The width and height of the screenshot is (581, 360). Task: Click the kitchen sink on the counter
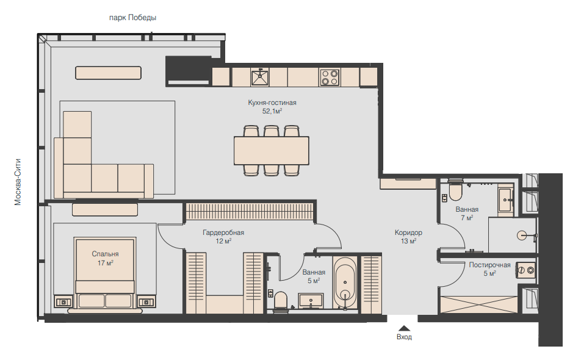(x=260, y=77)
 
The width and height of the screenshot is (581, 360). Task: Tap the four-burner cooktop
(x=330, y=77)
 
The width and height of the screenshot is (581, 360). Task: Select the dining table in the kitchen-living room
(x=271, y=150)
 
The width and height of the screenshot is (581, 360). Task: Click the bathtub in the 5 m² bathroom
(x=345, y=283)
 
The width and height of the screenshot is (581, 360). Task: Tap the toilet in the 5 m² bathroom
(x=281, y=300)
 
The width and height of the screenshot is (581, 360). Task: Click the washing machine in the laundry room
(x=525, y=270)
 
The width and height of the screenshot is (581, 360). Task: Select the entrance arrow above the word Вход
(x=404, y=328)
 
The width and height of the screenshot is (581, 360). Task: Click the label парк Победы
(x=132, y=18)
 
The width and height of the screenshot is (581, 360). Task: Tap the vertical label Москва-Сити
(x=18, y=182)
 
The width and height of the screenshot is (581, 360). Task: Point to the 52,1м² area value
(x=272, y=110)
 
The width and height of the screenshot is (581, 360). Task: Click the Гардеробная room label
(x=223, y=232)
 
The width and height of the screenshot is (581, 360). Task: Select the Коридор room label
(x=408, y=232)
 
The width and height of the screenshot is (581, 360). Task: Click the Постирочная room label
(x=489, y=265)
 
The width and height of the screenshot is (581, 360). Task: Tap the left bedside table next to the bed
(x=63, y=302)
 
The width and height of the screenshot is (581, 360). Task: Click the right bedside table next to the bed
(x=146, y=302)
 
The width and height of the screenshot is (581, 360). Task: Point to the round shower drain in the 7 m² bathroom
(x=522, y=235)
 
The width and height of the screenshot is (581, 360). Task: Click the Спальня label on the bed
(x=105, y=254)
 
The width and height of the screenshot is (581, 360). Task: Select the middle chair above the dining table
(x=271, y=131)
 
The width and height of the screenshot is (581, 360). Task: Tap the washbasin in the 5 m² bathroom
(x=311, y=300)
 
